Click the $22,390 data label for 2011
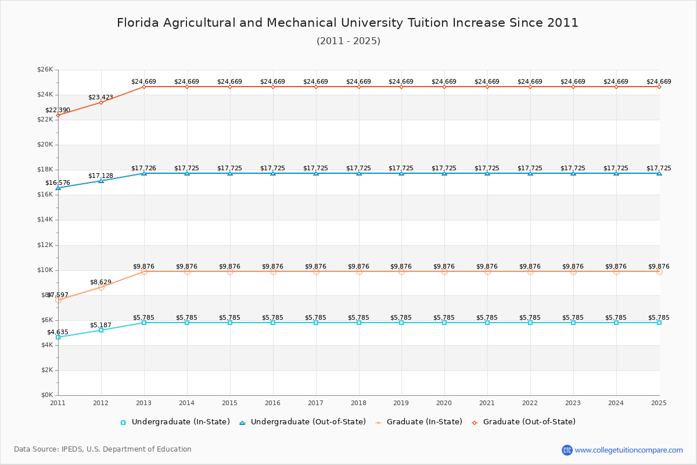click(58, 110)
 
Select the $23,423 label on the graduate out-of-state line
click(100, 97)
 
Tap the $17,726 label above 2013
click(143, 168)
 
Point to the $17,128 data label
click(100, 176)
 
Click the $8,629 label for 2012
click(100, 282)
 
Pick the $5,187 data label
click(100, 325)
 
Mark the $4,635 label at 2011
click(58, 332)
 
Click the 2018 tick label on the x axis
click(358, 402)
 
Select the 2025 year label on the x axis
click(659, 402)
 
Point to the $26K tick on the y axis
click(45, 70)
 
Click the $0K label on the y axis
click(46, 395)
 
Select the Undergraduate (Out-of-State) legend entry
click(303, 422)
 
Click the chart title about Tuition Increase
click(347, 23)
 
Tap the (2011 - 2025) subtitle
click(348, 41)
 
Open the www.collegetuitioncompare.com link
click(628, 450)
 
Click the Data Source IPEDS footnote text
click(103, 449)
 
